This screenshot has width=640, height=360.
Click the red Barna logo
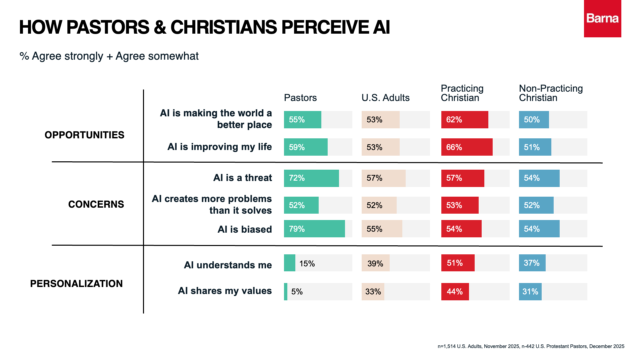[x=602, y=19]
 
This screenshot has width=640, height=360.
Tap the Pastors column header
[x=300, y=98]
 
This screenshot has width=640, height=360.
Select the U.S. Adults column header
[x=385, y=98]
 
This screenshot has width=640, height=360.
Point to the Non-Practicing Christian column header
[x=551, y=93]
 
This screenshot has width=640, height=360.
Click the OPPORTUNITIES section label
[x=84, y=135]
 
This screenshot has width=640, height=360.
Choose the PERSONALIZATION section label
[x=76, y=284]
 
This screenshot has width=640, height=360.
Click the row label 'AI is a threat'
[x=242, y=178]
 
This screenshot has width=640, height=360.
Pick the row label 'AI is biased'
[x=245, y=229]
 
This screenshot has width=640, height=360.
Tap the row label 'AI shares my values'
[x=225, y=291]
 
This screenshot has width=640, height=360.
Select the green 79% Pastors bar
[x=314, y=229]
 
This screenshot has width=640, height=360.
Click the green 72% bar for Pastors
[x=311, y=178]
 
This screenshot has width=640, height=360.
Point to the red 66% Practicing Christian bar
[x=467, y=147]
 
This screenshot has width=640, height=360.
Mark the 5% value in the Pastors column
[x=297, y=292]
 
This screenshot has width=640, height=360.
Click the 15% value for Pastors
[x=307, y=264]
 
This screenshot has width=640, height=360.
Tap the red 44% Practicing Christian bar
[x=455, y=292]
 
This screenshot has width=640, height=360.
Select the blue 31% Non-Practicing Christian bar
[x=530, y=292]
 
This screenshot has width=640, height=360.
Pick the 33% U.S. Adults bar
[x=373, y=292]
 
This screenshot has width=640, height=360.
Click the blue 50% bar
[x=534, y=120]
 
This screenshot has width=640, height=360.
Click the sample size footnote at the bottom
[x=531, y=346]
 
